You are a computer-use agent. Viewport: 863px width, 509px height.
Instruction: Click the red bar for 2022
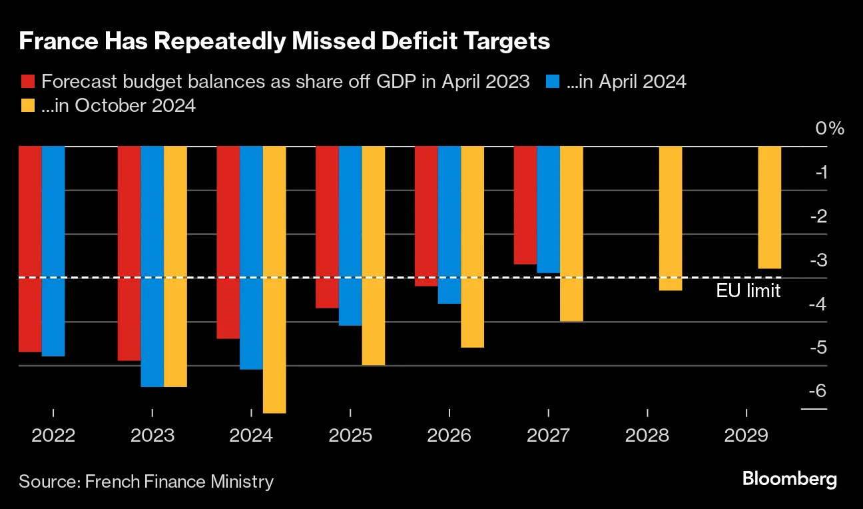point(30,249)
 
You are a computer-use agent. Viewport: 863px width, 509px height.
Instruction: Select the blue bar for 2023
point(152,266)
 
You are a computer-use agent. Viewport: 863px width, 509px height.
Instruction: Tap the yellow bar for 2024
point(274,280)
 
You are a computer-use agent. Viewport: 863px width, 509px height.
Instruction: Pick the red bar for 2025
point(326,227)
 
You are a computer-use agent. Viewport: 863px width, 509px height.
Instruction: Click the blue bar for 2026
point(449,225)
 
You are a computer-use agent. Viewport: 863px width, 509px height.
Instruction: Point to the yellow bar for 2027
point(571,234)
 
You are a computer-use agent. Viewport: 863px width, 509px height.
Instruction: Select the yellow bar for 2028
point(671,219)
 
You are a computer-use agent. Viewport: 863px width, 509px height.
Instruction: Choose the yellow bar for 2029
point(769,207)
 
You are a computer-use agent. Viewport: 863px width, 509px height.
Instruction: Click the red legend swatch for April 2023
point(27,82)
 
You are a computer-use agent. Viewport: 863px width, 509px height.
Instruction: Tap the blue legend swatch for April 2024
point(552,82)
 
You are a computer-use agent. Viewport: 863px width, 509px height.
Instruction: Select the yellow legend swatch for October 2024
point(27,105)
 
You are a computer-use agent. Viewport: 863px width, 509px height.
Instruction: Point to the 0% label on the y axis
point(830,129)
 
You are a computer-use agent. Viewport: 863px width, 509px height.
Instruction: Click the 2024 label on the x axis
point(251,436)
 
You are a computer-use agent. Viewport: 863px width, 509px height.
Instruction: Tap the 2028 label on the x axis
point(647,436)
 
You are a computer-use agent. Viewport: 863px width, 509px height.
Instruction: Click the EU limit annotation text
point(748,290)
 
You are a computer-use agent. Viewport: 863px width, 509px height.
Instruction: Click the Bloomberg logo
point(789,479)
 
